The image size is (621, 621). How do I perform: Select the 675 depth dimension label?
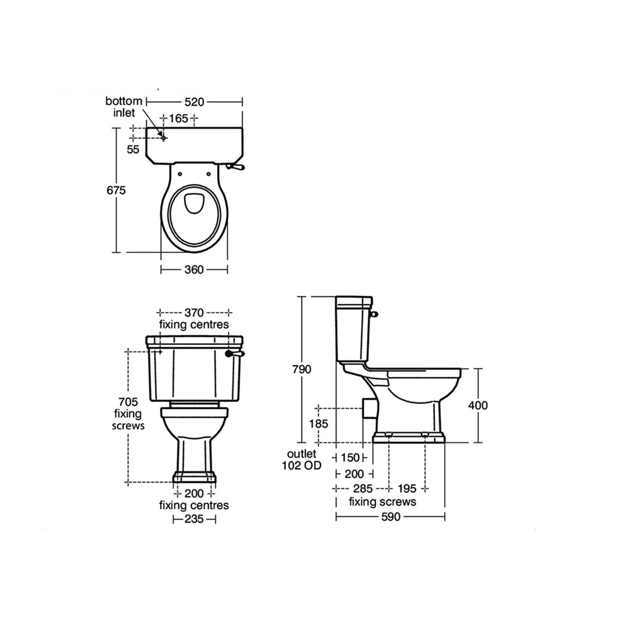click(116, 190)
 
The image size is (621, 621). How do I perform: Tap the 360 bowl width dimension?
click(194, 269)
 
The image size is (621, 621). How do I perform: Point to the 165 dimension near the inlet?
click(179, 119)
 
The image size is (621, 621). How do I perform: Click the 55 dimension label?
click(133, 150)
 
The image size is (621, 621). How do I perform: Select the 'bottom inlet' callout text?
click(124, 106)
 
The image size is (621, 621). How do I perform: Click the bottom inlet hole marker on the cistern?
click(164, 138)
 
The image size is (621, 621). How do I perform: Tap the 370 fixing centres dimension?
click(194, 313)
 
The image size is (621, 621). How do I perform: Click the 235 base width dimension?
click(194, 519)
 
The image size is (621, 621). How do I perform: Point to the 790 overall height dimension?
click(301, 369)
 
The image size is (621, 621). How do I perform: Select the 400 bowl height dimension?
click(477, 405)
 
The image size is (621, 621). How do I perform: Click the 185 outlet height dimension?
click(318, 423)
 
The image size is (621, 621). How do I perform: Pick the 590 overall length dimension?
click(390, 516)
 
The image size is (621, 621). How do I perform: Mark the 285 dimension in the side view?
click(362, 488)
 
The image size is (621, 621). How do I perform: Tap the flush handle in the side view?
click(376, 313)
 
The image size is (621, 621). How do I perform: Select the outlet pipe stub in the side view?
click(367, 408)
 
